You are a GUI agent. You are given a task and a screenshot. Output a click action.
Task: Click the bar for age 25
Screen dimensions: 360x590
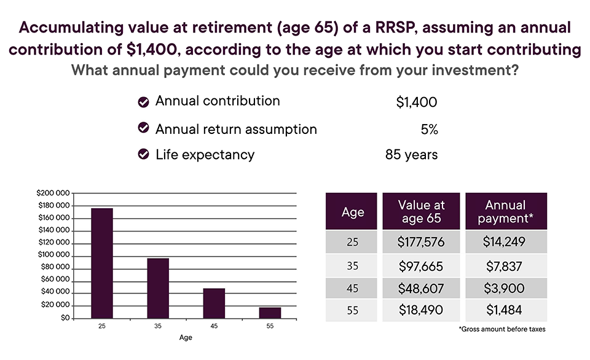coord(102,264)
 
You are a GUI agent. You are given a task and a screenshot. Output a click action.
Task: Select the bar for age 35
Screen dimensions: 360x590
coord(158,288)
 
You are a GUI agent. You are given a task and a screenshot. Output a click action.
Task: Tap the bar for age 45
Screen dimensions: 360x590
coord(214,303)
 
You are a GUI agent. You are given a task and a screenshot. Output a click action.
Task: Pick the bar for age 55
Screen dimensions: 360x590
coord(270,313)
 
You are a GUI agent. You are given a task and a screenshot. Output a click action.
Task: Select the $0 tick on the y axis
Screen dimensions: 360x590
coord(64,318)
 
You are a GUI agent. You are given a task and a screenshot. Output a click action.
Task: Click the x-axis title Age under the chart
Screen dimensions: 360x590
coord(186,337)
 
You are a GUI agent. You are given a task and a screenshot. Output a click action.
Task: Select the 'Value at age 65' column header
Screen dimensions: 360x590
coord(421,212)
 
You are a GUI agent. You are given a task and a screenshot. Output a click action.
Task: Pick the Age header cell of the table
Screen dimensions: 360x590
coord(352,212)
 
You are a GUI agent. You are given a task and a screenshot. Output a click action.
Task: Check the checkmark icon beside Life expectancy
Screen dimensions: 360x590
coord(144,155)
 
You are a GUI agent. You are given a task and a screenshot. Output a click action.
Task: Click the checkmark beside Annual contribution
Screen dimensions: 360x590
coord(144,102)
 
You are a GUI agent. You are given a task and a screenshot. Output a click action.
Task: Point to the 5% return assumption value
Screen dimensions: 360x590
coord(429,129)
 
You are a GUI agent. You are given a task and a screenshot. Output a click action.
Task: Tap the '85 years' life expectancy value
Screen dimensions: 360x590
coord(411,155)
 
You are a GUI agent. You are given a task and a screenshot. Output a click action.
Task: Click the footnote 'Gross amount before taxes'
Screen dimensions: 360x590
coord(502,329)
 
